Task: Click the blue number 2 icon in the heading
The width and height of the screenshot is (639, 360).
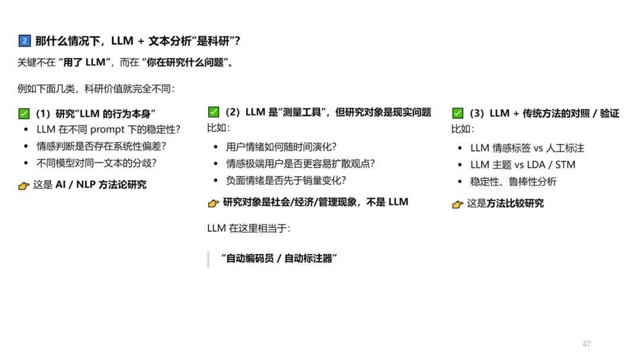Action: (x=24, y=41)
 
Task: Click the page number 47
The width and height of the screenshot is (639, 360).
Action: (x=586, y=344)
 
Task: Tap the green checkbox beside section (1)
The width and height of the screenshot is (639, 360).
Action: (x=24, y=114)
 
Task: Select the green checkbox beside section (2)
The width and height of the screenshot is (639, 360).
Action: (x=214, y=112)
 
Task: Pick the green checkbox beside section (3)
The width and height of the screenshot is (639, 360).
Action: (x=457, y=113)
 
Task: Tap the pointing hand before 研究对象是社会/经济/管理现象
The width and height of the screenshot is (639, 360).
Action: (x=214, y=202)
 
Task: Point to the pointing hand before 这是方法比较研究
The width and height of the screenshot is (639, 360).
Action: (x=457, y=204)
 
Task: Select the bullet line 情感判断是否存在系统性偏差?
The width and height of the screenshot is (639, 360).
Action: (x=101, y=146)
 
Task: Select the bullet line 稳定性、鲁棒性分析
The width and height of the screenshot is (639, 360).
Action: (x=513, y=182)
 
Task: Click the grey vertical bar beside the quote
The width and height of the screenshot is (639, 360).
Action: (x=208, y=259)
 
